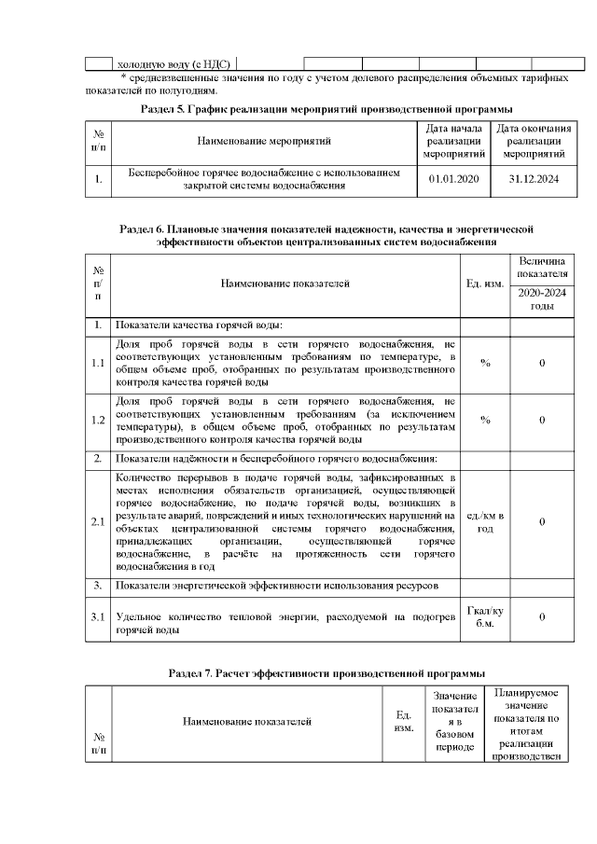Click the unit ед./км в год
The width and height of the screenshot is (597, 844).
(485, 522)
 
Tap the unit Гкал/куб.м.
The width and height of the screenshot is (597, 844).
(485, 616)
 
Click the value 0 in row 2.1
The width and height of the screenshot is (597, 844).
(542, 522)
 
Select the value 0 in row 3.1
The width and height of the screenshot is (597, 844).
(542, 616)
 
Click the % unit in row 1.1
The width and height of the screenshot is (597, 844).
(485, 363)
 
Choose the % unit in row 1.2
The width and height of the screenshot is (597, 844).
(485, 420)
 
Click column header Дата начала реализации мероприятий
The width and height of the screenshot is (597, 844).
(452, 141)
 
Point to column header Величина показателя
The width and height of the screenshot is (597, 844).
(542, 269)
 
